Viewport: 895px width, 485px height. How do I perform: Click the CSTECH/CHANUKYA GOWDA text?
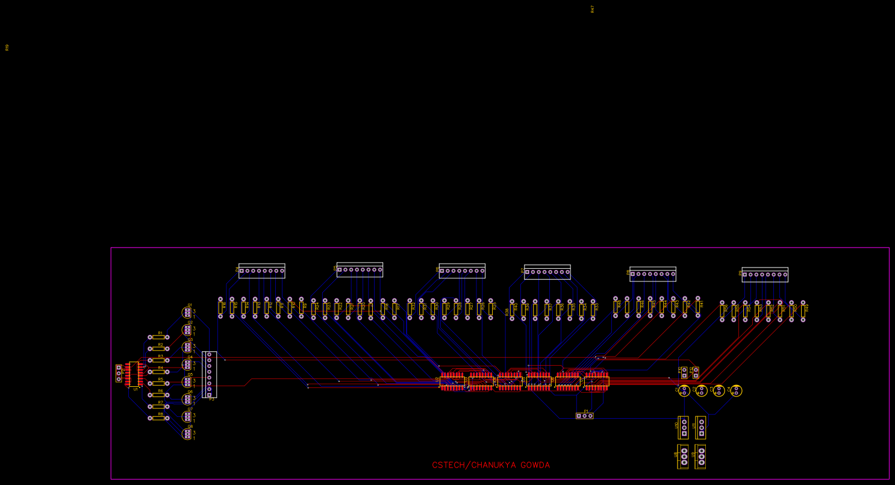pyautogui.click(x=490, y=465)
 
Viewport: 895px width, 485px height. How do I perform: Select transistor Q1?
pyautogui.click(x=187, y=312)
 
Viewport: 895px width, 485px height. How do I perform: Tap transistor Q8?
pyautogui.click(x=187, y=434)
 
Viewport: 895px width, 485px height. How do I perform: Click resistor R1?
pyautogui.click(x=158, y=337)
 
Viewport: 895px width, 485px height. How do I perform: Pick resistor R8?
pyautogui.click(x=158, y=418)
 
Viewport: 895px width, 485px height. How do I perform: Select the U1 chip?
pyautogui.click(x=134, y=374)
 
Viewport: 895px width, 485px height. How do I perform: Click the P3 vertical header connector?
pyautogui.click(x=209, y=375)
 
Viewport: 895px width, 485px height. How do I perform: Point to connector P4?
pyautogui.click(x=261, y=271)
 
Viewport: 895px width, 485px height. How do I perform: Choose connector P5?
pyautogui.click(x=360, y=270)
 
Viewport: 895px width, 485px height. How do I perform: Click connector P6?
pyautogui.click(x=462, y=271)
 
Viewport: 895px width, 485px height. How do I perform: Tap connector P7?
pyautogui.click(x=547, y=272)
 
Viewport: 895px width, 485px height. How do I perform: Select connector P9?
pyautogui.click(x=765, y=275)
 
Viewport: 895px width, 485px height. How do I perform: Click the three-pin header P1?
pyautogui.click(x=584, y=416)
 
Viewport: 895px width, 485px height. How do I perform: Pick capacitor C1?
pyautogui.click(x=684, y=391)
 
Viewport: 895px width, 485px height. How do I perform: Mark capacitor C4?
pyautogui.click(x=736, y=390)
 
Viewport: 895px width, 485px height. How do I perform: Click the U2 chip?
pyautogui.click(x=452, y=381)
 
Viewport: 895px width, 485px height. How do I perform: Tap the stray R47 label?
pyautogui.click(x=592, y=9)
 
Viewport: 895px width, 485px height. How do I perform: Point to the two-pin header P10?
pyautogui.click(x=684, y=372)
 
